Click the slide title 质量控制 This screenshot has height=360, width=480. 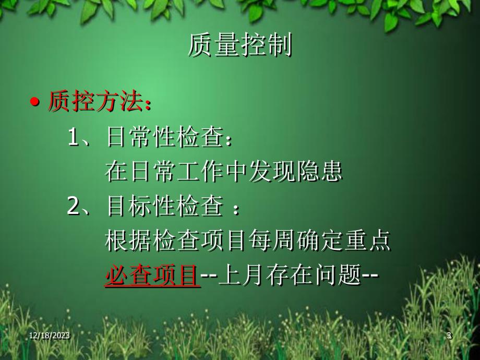click(239, 47)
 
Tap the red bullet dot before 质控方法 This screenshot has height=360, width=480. click(35, 102)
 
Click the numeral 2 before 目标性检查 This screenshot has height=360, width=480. click(74, 207)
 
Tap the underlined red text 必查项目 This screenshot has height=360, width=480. click(152, 275)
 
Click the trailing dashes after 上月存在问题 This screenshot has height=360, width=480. click(370, 275)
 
